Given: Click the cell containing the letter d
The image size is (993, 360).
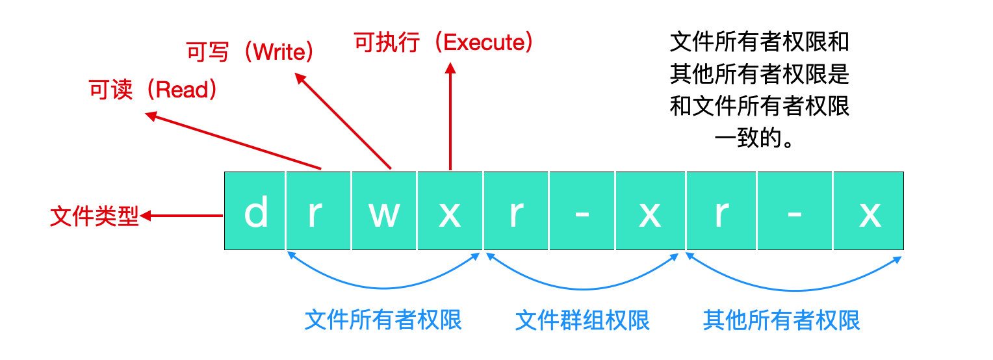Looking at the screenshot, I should [x=255, y=211].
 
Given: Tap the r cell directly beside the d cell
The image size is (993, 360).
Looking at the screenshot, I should [x=318, y=211].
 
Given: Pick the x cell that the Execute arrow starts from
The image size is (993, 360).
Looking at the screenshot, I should [x=450, y=211].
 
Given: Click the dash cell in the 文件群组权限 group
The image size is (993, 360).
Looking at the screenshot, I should [x=582, y=211].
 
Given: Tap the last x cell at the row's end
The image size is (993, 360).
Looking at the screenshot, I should [x=868, y=211].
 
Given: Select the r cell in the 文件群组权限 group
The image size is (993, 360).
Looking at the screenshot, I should [x=516, y=211].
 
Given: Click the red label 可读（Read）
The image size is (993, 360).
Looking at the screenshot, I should [x=153, y=90].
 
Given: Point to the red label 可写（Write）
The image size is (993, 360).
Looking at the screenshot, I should [x=250, y=52].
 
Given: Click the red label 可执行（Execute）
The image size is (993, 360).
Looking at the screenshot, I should [x=444, y=43].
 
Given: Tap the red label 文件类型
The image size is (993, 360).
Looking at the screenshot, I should [x=94, y=217].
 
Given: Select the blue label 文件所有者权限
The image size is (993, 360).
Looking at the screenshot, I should [x=383, y=320].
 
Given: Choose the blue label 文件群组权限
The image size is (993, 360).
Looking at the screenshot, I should [x=582, y=320].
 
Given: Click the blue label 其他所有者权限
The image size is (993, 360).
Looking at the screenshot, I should [x=782, y=320].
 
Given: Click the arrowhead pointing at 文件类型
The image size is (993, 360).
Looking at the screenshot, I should [x=146, y=216].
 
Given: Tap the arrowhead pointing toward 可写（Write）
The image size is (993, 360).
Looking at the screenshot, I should [x=300, y=78].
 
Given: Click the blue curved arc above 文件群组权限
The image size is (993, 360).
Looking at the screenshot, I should [x=582, y=287].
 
